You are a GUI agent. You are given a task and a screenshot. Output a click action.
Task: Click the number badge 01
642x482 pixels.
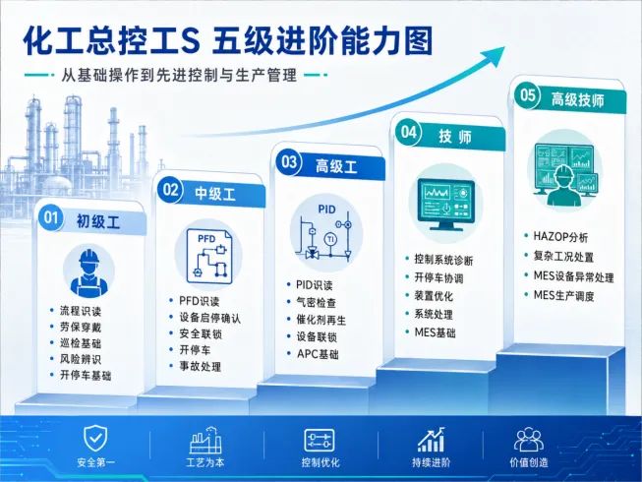51,217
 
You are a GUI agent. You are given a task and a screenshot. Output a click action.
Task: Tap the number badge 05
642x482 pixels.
528,95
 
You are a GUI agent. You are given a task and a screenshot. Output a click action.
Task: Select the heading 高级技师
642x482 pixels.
577,100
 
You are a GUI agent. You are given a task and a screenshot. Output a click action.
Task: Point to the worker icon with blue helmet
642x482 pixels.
89,272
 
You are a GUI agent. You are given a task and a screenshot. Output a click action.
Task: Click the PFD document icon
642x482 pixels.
209,257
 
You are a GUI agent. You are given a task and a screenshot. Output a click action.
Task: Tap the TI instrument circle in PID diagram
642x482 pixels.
330,239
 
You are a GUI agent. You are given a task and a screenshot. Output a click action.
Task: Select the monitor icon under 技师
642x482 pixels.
445,205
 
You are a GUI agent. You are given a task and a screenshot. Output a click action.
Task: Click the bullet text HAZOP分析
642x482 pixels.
560,237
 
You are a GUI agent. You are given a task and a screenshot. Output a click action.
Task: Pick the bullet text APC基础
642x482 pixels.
318,354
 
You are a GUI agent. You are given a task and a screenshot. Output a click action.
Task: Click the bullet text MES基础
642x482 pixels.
435,332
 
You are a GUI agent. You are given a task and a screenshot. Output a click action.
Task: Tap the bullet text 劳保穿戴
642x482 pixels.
81,328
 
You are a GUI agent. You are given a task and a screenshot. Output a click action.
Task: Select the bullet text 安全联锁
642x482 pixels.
201,334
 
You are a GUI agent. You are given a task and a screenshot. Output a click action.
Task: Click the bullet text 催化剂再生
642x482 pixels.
321,320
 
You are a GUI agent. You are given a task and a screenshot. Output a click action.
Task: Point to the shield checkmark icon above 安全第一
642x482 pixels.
95,439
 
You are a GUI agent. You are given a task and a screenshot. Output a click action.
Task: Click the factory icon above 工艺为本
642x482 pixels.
205,441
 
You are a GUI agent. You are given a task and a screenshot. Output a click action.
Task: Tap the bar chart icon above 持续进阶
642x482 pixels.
432,440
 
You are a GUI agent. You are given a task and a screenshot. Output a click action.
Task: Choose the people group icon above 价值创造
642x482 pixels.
529,440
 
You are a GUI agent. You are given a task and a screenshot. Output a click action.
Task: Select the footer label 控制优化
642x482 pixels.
321,462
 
